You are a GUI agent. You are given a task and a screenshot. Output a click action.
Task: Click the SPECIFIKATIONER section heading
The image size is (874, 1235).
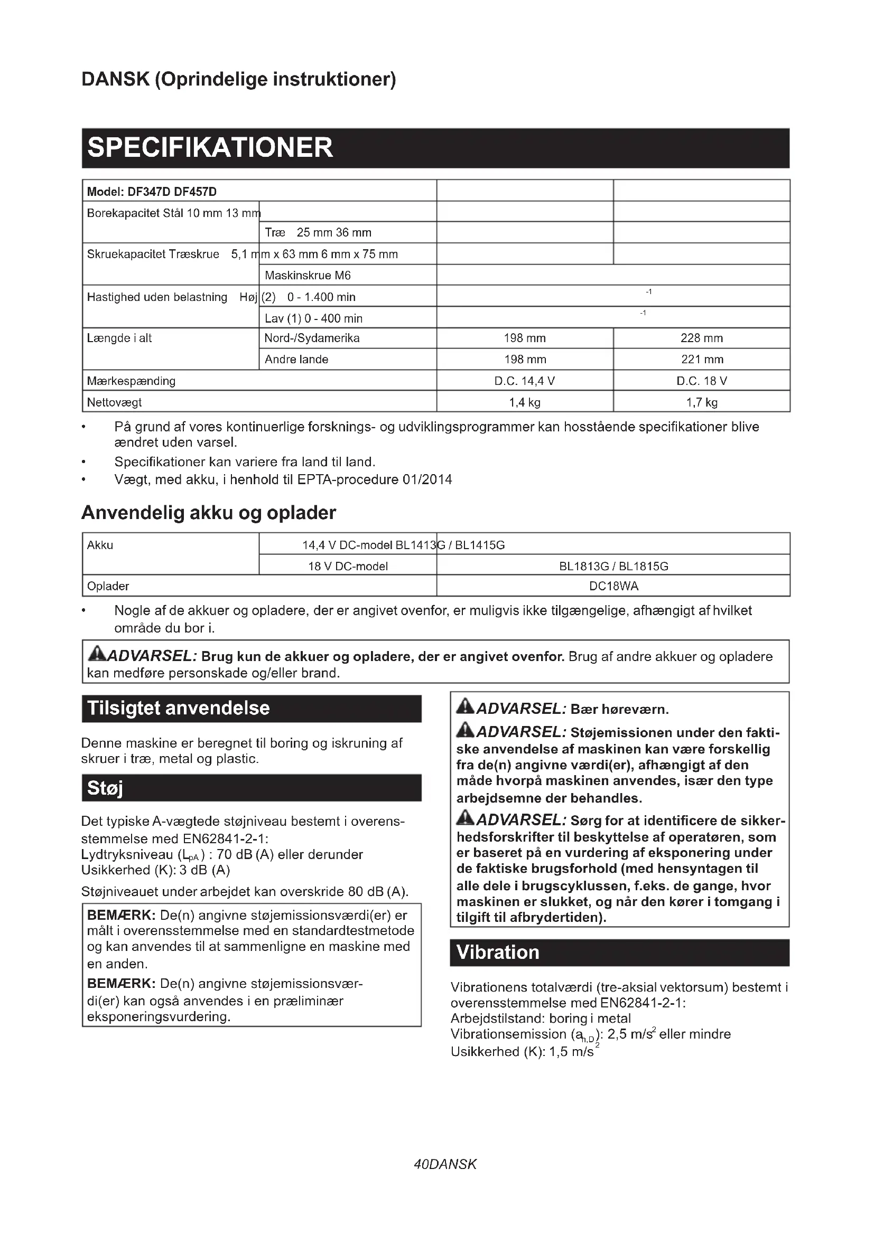pos(210,148)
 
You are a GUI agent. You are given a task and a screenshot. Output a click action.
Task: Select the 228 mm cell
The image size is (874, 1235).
pos(701,338)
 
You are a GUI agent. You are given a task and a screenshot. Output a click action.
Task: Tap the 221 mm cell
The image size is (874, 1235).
pos(701,360)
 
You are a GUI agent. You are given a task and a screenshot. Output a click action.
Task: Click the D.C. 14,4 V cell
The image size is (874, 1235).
pos(524,381)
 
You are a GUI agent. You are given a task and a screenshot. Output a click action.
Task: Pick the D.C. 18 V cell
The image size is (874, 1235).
pos(701,381)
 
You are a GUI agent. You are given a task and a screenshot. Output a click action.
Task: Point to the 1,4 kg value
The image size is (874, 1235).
pos(524,402)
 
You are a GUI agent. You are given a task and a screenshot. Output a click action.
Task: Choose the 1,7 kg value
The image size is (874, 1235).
pos(701,402)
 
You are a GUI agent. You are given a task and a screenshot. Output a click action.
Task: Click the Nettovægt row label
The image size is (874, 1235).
pos(115,402)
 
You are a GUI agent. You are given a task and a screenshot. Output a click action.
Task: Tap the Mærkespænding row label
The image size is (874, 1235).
pos(132,381)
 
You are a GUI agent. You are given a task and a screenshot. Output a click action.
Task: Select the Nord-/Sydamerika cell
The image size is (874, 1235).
pos(312,338)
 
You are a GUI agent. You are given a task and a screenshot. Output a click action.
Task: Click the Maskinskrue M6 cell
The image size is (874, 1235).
pos(308,276)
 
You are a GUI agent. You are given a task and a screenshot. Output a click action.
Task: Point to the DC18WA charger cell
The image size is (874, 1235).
pos(613,586)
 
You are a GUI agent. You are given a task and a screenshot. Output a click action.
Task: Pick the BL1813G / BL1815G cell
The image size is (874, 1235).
pos(613,567)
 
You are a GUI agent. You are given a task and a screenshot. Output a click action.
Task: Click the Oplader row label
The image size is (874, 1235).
pos(108,586)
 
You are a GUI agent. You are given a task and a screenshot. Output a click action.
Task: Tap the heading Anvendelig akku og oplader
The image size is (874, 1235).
pos(209,513)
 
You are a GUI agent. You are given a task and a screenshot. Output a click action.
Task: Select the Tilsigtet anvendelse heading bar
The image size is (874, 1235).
pos(252,709)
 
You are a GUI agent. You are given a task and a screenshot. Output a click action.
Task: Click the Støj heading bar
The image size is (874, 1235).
pos(252,788)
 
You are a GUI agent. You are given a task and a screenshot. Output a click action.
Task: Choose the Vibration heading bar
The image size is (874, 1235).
pos(619,953)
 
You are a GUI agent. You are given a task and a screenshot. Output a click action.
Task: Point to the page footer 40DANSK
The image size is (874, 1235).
pos(445,1165)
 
